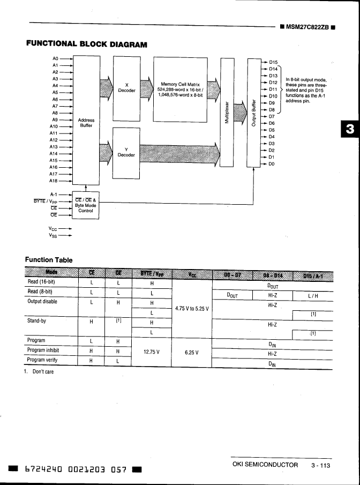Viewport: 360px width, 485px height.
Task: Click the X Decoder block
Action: (x=126, y=88)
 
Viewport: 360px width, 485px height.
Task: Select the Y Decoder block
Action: (x=126, y=153)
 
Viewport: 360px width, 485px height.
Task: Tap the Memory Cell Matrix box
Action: (x=180, y=88)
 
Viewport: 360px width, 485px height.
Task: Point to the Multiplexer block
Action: (x=227, y=113)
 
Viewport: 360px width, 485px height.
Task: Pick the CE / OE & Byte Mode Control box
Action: (x=86, y=206)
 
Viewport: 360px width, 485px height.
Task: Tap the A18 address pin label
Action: (x=54, y=181)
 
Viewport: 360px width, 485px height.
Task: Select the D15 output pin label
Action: (x=273, y=62)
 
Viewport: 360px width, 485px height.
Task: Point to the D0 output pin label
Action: (x=272, y=164)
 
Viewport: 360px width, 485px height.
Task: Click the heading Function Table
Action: (x=48, y=260)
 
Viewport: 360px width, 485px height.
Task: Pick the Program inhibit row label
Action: (x=44, y=350)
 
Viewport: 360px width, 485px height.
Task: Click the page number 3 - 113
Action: (x=321, y=465)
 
